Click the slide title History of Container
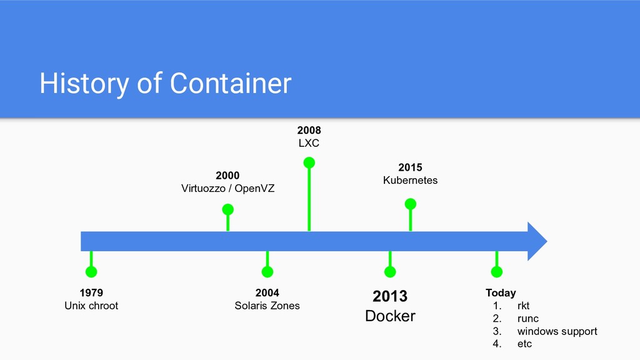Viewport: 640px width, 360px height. click(x=166, y=83)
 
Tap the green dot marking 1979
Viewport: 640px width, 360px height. click(x=91, y=272)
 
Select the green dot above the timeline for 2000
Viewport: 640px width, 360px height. click(x=227, y=209)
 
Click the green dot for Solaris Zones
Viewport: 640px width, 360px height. click(x=267, y=272)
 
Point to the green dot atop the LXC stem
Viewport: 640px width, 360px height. click(x=309, y=162)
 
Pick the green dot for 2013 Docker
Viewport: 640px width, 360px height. click(x=390, y=272)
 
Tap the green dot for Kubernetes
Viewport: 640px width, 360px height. click(x=410, y=204)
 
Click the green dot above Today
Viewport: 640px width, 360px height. click(x=497, y=272)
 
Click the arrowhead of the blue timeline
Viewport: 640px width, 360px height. click(x=536, y=241)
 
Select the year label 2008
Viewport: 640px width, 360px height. click(x=309, y=130)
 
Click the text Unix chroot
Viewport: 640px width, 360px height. click(x=91, y=306)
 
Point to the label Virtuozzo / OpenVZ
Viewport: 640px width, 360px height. click(x=227, y=188)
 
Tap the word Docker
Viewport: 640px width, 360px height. click(x=390, y=316)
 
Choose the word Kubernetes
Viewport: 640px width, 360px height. click(x=410, y=180)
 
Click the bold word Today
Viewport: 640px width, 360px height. click(x=501, y=292)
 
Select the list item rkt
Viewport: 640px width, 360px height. click(x=523, y=306)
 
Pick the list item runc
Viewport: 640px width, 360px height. click(x=527, y=319)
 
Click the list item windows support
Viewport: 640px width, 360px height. click(x=557, y=331)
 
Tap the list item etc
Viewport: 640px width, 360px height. click(x=524, y=344)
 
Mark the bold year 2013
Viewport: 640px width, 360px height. click(x=390, y=296)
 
